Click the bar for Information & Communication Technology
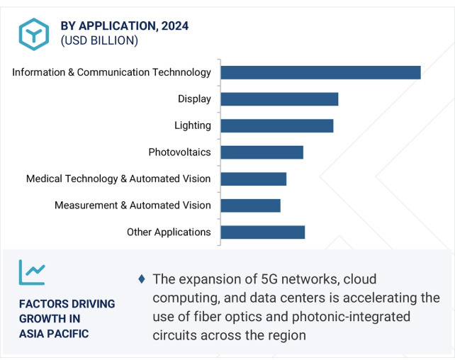(320, 72)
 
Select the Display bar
(279, 99)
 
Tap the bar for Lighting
(276, 125)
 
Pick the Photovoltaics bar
(262, 152)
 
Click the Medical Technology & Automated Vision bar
(253, 179)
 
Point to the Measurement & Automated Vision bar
(250, 206)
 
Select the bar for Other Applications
(262, 232)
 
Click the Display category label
(194, 99)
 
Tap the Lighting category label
(192, 125)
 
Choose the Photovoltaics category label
(179, 152)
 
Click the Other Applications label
(169, 232)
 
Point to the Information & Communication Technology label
(111, 72)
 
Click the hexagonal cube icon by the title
(33, 33)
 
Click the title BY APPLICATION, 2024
(124, 26)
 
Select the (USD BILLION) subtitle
(99, 41)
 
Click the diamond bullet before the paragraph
(142, 279)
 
